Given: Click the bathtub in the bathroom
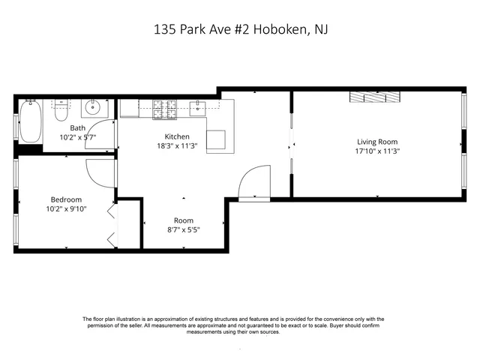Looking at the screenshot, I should [x=31, y=121].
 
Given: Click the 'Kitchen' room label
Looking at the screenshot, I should [x=178, y=136].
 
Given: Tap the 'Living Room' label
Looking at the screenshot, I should [x=376, y=141].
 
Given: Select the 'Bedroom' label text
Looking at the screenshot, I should [x=66, y=199].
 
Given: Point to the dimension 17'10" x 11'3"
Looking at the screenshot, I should [x=376, y=150].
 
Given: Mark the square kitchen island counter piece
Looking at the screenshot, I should [x=217, y=139].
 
